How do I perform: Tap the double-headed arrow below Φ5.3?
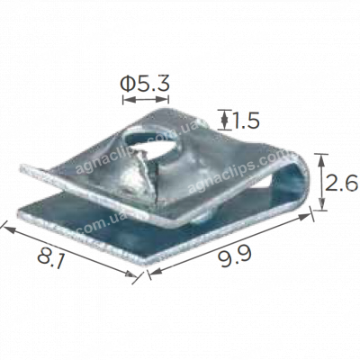pyautogui.click(x=144, y=102)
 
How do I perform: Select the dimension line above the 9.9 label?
pyautogui.click(x=229, y=241)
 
